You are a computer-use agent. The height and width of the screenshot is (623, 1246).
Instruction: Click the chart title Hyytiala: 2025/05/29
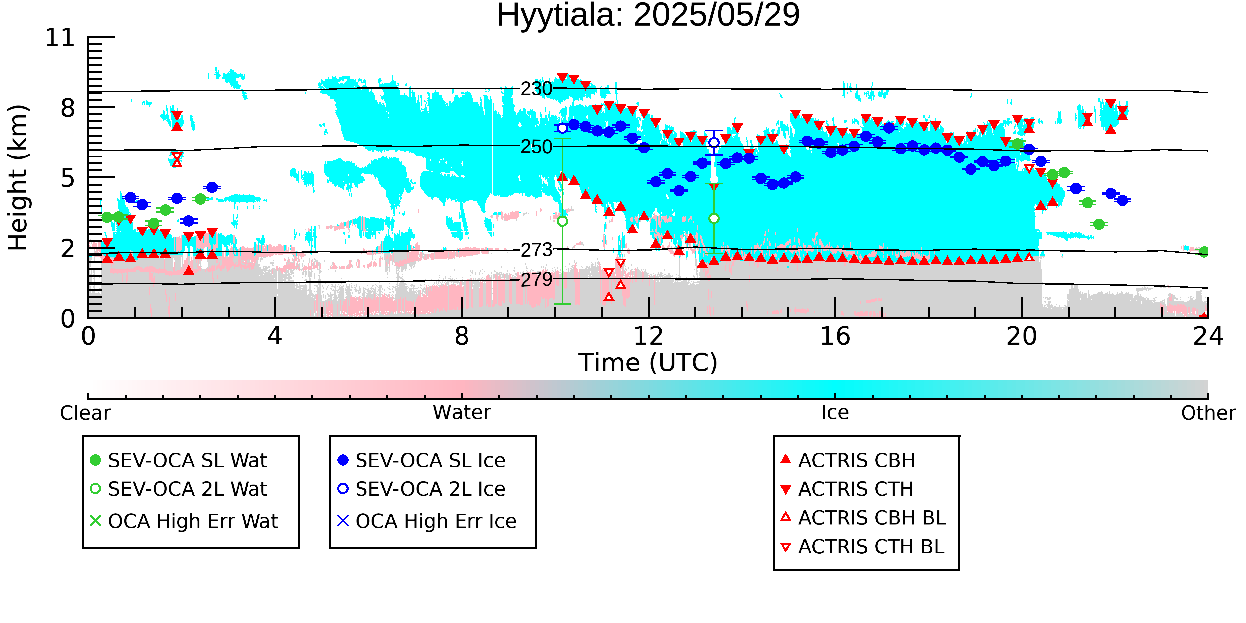(648, 16)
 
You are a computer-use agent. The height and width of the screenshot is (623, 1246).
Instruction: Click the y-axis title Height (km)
(18, 177)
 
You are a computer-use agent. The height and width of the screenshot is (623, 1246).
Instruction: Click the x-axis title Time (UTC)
(648, 363)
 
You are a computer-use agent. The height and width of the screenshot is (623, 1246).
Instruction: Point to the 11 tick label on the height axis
(60, 38)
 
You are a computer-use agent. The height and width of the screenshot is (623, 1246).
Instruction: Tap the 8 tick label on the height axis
(68, 108)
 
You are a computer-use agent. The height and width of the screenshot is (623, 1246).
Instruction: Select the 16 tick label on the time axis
(835, 336)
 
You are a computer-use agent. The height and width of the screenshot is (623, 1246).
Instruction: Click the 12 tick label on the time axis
(648, 336)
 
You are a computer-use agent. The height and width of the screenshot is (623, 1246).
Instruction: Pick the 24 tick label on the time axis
(1208, 336)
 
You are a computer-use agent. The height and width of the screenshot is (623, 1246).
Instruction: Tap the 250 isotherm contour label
(536, 147)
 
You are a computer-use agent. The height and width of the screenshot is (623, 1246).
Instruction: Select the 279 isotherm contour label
(536, 279)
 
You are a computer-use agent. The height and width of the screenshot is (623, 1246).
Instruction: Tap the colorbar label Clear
(85, 413)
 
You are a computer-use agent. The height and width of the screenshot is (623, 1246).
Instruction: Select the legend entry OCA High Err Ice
(427, 521)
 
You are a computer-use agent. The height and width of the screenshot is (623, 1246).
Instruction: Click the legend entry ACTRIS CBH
(848, 460)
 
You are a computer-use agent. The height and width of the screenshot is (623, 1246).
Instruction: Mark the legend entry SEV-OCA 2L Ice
(421, 489)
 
